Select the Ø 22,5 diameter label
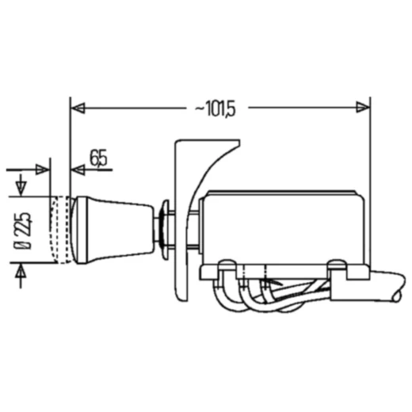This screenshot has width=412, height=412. [x=26, y=230]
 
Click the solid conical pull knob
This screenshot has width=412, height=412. [x=111, y=229]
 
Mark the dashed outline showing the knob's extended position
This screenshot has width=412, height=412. [x=59, y=230]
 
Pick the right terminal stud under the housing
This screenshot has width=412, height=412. [x=336, y=269]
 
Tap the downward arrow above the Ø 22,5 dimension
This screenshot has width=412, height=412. [x=21, y=189]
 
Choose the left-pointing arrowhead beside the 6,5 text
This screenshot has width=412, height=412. [x=77, y=170]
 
